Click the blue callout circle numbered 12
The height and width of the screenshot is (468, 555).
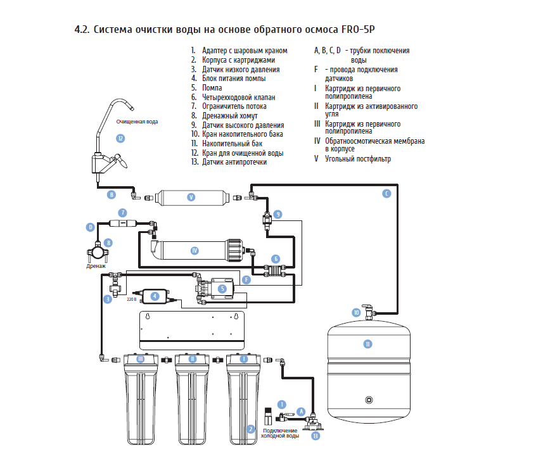coord(120,138)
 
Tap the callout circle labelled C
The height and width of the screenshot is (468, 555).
coord(386,194)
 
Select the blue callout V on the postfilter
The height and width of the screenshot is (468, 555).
coord(191,197)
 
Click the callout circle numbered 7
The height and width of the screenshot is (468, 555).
coord(123,213)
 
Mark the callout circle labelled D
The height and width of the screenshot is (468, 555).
coord(91,226)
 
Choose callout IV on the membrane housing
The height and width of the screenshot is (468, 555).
coord(195,251)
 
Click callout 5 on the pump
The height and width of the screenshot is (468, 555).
coord(222,289)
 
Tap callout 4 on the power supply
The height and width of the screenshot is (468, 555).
coord(154,296)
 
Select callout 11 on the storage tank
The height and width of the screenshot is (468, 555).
coord(367,344)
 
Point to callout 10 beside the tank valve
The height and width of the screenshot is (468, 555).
coord(357,312)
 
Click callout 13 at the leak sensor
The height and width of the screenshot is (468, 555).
coord(316,436)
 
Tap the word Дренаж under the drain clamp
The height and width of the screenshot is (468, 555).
coord(96,267)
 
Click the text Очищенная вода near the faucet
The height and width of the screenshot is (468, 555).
coord(137,122)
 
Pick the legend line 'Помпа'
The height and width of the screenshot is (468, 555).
coord(212,88)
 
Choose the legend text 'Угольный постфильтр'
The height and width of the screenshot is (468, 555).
coord(358,159)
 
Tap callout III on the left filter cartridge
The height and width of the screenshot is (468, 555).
coord(141,358)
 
